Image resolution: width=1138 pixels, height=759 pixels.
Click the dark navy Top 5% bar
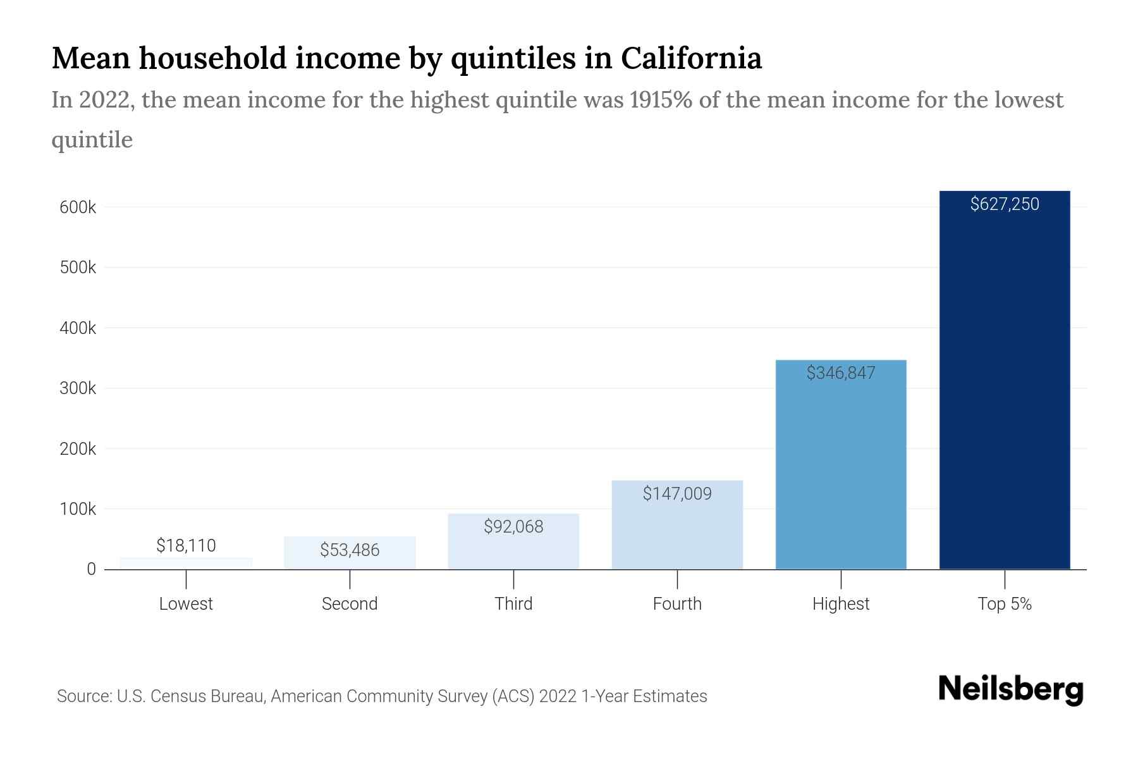click(x=1005, y=392)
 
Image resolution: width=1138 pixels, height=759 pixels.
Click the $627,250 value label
click(x=1005, y=204)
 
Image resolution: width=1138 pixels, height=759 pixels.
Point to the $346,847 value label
click(x=841, y=373)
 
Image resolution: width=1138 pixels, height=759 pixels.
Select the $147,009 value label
click(x=677, y=494)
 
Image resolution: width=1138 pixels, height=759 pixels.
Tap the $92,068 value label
click(x=513, y=527)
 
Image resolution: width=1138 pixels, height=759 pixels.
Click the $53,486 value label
click(x=350, y=550)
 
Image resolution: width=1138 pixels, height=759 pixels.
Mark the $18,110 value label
click(x=186, y=545)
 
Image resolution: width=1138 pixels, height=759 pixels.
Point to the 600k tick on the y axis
click(x=78, y=207)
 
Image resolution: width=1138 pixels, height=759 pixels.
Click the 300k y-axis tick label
click(x=78, y=388)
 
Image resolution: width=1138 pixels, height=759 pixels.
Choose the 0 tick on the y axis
click(x=91, y=569)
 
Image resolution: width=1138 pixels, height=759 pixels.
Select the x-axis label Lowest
click(x=186, y=604)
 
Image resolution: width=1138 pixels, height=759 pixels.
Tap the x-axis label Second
click(x=350, y=604)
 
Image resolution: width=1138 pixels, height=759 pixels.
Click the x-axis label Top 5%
click(x=1005, y=604)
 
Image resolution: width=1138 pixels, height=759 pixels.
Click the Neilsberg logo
click(x=1010, y=689)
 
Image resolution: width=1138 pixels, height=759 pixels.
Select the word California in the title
click(x=691, y=58)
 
